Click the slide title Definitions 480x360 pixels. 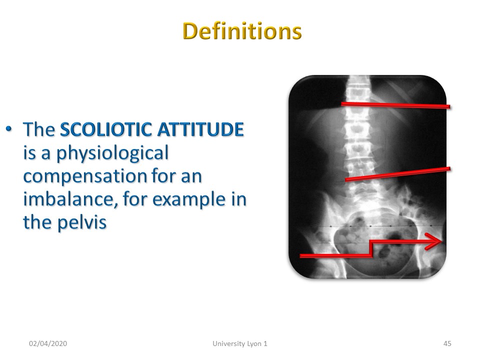242,31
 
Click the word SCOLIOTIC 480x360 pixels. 106,129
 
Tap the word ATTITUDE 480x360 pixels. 200,129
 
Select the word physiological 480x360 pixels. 112,153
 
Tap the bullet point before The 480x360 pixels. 9,129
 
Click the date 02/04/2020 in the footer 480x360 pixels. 48,343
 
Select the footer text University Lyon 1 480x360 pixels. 240,344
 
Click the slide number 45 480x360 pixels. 447,343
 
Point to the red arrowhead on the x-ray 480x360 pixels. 433,241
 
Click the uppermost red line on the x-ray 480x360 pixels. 395,105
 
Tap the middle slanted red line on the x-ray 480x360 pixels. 397,174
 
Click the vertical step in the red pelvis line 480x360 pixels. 371,248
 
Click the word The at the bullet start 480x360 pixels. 39,129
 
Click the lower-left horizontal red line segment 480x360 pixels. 335,255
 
